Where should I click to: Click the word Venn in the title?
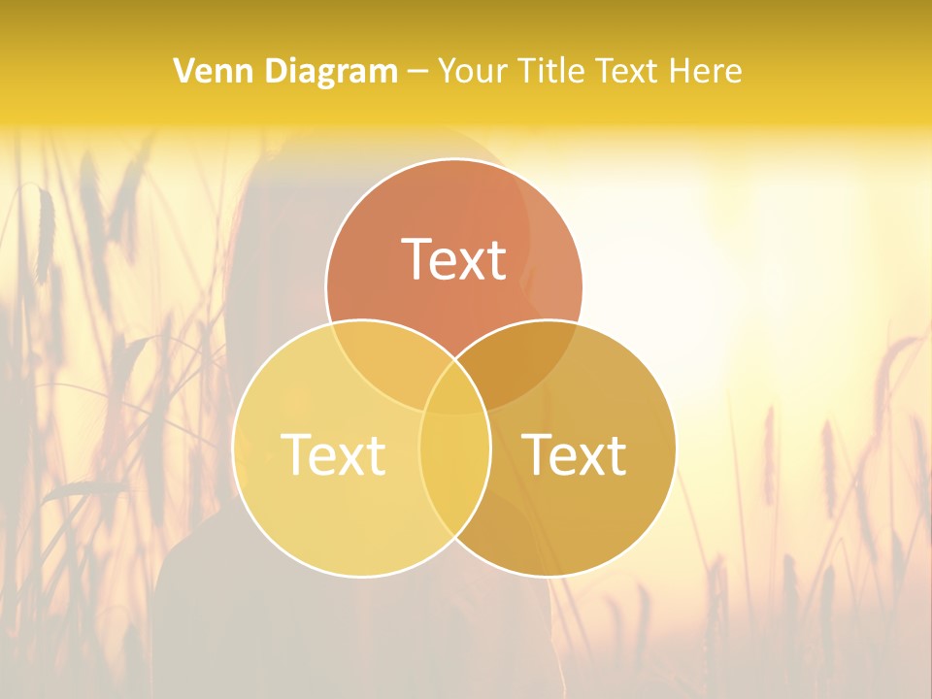click(x=207, y=71)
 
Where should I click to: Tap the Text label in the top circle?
click(x=453, y=259)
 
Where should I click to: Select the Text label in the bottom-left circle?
click(x=333, y=453)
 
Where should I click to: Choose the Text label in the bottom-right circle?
click(x=574, y=453)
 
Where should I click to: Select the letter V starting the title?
click(x=183, y=71)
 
